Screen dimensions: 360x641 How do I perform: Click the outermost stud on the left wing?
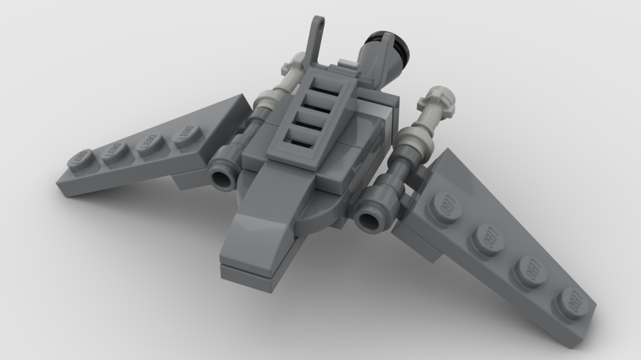coord(80,158)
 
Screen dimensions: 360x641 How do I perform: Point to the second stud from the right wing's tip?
coord(529,269)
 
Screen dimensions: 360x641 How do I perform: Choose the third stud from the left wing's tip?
coord(150,142)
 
